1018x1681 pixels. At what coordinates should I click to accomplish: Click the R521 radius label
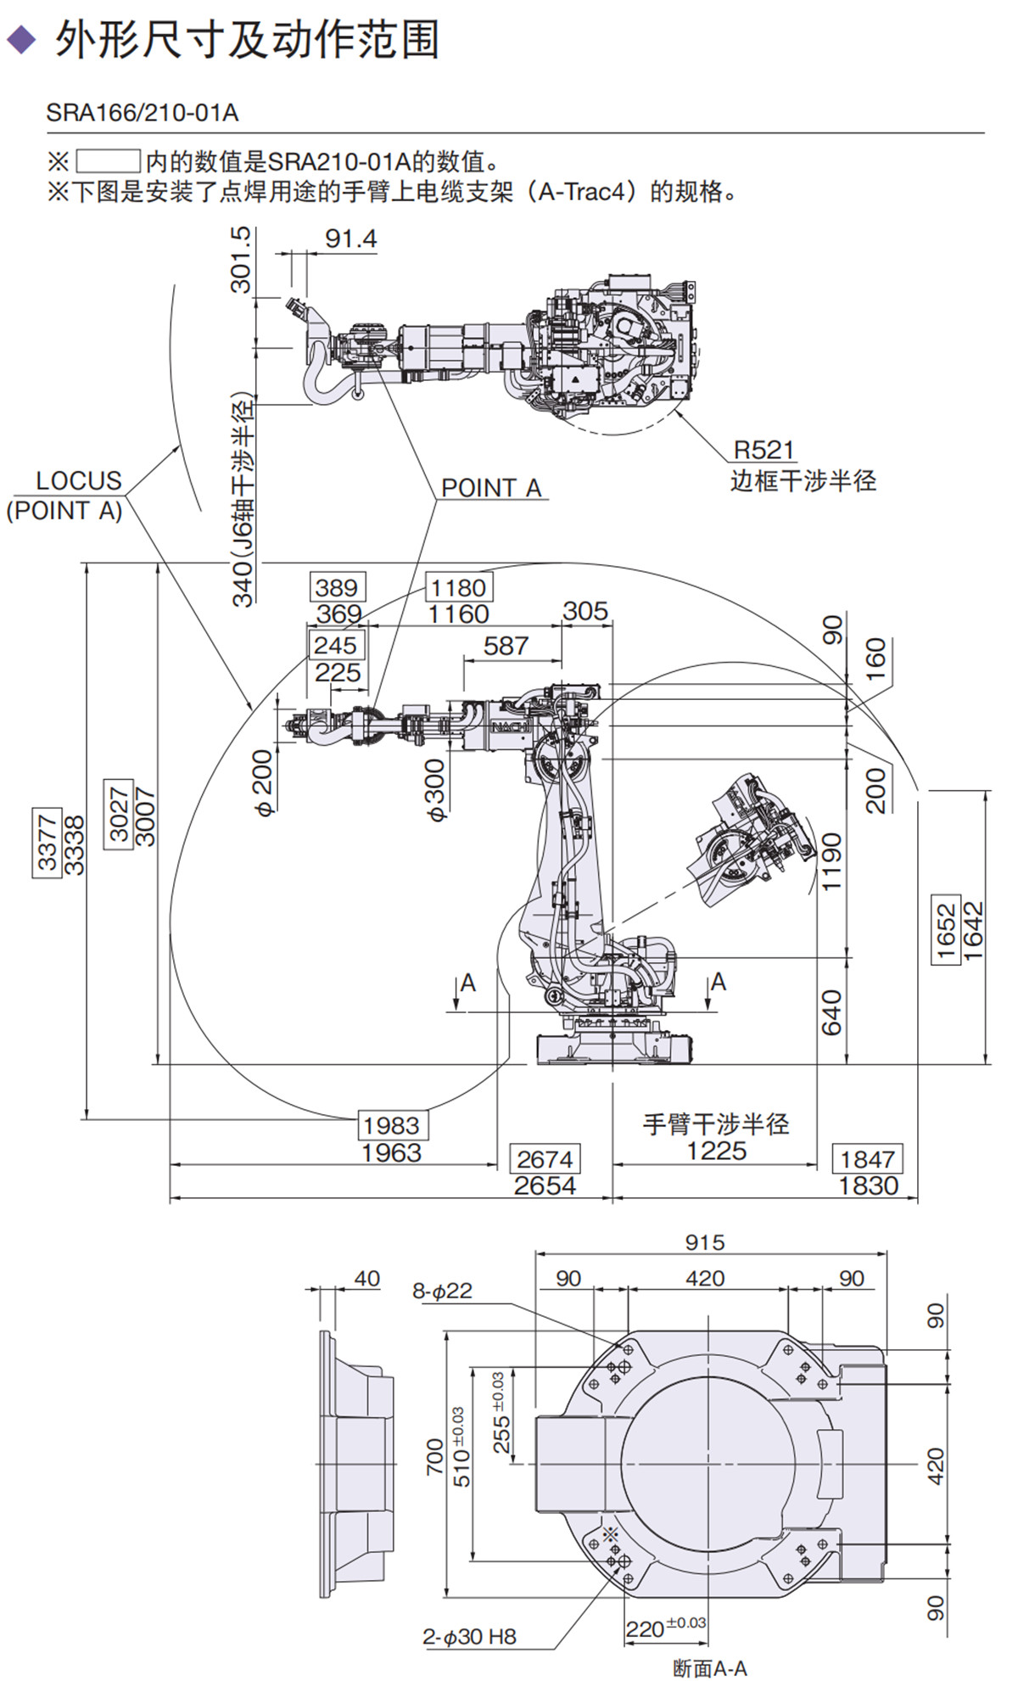click(763, 450)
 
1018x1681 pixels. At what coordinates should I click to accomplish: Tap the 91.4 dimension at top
click(350, 239)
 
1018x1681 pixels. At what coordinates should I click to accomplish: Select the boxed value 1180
click(458, 587)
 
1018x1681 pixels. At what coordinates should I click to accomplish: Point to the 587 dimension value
click(506, 647)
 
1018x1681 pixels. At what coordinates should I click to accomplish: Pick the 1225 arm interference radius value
click(716, 1151)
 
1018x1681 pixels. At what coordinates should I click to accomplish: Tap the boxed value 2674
click(545, 1159)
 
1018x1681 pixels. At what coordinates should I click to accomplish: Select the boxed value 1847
click(867, 1159)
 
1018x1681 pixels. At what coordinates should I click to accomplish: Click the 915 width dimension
click(705, 1242)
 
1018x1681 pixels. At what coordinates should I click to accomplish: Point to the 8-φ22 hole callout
click(442, 1291)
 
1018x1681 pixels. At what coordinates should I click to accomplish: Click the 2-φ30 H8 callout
click(469, 1637)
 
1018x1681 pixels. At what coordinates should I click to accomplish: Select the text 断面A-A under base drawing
click(710, 1668)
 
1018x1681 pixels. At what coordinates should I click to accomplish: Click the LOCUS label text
click(78, 481)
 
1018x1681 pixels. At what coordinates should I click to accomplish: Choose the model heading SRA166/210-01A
click(143, 113)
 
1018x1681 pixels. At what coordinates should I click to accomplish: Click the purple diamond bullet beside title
click(22, 39)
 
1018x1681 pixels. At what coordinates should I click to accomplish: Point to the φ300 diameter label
click(434, 790)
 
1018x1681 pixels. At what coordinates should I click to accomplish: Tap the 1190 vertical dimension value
click(832, 861)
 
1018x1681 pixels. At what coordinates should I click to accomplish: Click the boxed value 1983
click(391, 1126)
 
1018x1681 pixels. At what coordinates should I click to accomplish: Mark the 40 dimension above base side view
click(366, 1279)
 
